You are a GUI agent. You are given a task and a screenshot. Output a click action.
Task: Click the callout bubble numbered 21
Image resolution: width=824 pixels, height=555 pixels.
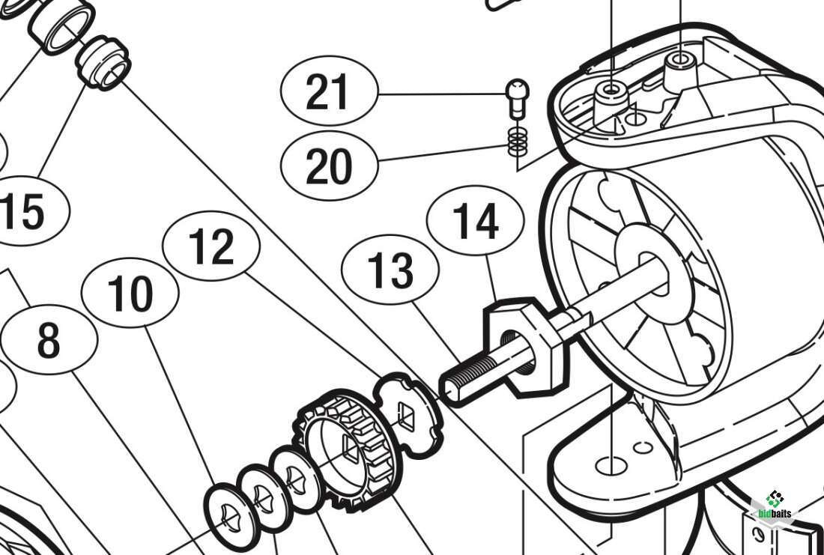pos(328,94)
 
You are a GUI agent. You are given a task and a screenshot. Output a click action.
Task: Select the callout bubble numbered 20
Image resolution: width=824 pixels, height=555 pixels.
pos(328,165)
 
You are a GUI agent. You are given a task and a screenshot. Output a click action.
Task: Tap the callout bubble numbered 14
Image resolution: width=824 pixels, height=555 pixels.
pos(475,222)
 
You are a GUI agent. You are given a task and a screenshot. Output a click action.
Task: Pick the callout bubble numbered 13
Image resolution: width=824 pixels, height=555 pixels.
pos(390,271)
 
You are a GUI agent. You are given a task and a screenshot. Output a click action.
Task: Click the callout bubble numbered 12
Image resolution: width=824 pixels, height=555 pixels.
pos(212,248)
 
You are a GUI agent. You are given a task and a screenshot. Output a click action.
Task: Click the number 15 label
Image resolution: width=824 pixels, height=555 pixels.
pos(22,211)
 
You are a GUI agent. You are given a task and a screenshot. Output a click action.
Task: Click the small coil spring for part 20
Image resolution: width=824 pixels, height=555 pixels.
pos(516,140)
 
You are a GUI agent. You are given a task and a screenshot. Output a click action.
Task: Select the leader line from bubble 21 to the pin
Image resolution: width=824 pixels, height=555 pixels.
pos(442,94)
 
